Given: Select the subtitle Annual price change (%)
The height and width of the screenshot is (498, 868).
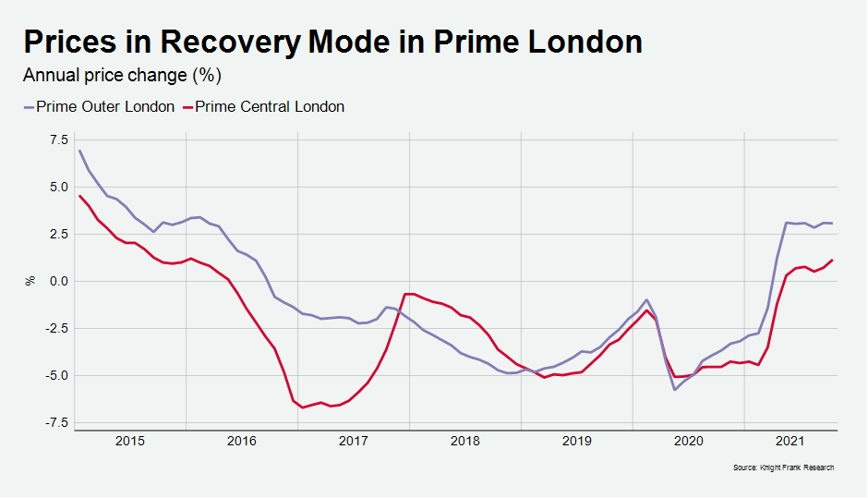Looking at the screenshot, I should [122, 75].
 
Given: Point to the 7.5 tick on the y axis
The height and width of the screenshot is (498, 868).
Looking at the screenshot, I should [57, 140].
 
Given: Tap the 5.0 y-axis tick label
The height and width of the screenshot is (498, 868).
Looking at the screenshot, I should [57, 187].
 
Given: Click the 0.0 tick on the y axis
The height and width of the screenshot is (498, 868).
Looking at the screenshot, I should [57, 281].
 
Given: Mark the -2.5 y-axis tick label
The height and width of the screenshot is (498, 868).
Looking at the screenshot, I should [54, 328].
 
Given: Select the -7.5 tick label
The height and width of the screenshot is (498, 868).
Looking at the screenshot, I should [54, 422].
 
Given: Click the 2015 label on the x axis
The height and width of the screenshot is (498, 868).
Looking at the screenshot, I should [130, 442].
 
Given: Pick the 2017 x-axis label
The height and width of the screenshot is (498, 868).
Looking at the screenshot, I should [354, 442].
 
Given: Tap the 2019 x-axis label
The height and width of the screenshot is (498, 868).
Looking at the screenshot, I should [576, 442].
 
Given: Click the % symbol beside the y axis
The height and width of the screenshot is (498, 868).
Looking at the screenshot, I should [30, 280].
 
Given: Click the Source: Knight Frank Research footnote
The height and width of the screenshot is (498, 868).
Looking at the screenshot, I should [783, 468].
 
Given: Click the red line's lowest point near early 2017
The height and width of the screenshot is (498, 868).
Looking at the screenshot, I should [302, 407].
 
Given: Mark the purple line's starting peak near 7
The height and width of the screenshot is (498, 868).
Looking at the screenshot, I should [79, 151].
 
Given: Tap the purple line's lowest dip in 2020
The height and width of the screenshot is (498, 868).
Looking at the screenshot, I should [675, 390].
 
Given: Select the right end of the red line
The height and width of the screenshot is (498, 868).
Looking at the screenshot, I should [833, 260].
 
